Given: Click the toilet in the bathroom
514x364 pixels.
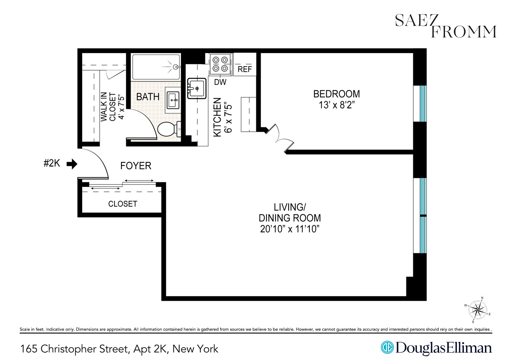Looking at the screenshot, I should pos(168,129).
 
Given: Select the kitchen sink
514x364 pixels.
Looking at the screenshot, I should pos(197,88).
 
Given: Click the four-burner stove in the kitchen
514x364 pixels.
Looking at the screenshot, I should pos(220,64).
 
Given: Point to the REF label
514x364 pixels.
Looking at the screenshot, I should pos(245,69).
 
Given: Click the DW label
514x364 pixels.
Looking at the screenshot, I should pos(220,82).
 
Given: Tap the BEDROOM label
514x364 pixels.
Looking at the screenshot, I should pos(337,94).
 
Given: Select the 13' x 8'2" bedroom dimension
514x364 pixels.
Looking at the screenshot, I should pos(337,105).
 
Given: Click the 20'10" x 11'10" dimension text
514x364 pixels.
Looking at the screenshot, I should pos(290,229).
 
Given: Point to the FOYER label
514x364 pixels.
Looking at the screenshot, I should pos(136,166).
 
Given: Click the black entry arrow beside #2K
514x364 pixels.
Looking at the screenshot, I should pos(72,164).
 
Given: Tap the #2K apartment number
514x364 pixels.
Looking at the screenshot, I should pos(52,163).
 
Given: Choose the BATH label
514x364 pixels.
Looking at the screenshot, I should pos(148,97).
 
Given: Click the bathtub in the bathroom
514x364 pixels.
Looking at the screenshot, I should pos(156,67).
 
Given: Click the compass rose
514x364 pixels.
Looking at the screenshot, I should pos(478,310).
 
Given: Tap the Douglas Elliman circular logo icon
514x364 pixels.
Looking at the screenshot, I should pos(387,347).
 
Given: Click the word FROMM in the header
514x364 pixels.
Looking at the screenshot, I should pos(463,32).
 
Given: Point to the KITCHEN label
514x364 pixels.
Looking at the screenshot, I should pos(217,117).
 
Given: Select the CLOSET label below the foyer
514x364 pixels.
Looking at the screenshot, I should pos(123,204).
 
